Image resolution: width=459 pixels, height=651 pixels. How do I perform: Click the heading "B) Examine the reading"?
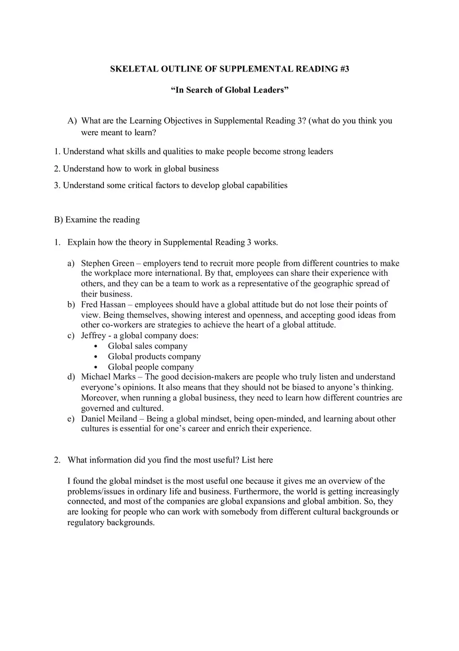click(x=97, y=219)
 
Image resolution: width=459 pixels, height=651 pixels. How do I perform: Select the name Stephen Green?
click(x=107, y=263)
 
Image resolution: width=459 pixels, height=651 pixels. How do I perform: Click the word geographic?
click(x=327, y=283)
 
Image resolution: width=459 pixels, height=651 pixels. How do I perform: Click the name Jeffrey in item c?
click(x=93, y=336)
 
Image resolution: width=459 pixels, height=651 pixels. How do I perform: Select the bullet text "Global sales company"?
click(x=148, y=346)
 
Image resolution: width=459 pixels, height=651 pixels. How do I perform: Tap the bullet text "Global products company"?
click(x=154, y=357)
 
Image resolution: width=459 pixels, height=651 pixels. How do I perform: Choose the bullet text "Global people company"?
click(x=151, y=367)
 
